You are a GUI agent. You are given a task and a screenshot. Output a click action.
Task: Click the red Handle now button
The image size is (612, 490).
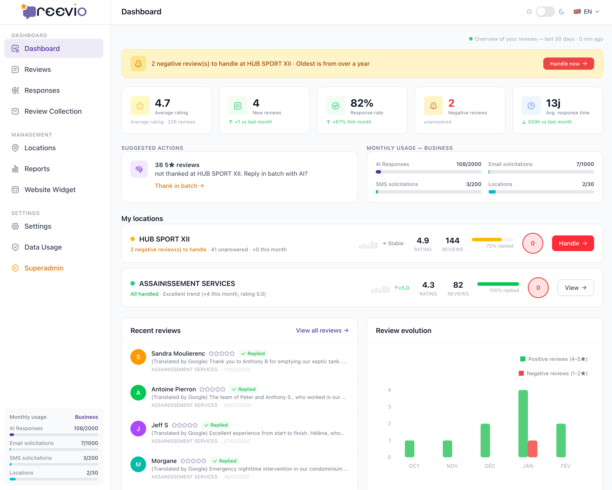pos(568,64)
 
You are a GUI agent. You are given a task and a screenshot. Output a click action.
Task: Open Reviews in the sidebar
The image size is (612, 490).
pos(38,69)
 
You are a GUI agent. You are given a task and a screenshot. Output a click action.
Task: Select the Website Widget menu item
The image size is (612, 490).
pos(50,190)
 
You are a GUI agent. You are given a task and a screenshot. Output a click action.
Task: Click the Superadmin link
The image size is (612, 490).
pos(44,268)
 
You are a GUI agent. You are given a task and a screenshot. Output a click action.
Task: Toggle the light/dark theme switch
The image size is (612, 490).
pos(545,12)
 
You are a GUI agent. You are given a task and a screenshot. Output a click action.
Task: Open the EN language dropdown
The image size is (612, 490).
pos(586,12)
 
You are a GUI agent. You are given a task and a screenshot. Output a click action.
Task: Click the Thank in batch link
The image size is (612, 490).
pos(179,186)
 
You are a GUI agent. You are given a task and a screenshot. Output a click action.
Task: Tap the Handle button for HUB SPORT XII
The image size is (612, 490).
pos(573,243)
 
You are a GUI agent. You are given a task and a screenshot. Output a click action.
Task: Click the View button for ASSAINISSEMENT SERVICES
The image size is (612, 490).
pos(575,288)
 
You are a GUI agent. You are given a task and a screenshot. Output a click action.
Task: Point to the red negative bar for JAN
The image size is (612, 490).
pos(533,449)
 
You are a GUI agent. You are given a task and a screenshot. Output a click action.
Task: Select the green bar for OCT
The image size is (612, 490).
pos(409,449)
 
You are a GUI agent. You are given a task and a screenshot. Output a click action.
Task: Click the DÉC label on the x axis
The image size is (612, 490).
pos(490,466)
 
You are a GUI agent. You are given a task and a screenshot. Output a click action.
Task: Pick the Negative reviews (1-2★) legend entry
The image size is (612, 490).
pos(553,373)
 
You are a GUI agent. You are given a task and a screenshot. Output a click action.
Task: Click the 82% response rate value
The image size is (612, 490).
pos(362,103)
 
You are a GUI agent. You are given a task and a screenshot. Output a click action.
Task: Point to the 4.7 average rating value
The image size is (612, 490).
pos(162,103)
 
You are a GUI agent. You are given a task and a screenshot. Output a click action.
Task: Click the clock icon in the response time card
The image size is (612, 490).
pos(531,106)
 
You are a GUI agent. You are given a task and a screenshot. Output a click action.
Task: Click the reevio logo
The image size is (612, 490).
pos(54,11)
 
